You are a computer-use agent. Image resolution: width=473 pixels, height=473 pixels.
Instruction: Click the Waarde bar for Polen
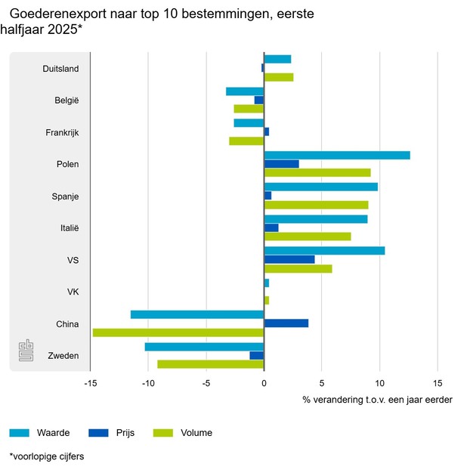337,156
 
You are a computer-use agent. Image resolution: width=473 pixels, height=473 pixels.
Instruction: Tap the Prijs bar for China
286,323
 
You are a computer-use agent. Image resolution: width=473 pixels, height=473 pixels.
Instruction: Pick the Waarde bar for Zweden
204,347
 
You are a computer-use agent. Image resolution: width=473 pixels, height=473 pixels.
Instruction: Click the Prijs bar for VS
289,259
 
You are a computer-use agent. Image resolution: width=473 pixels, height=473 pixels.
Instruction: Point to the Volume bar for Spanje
317,205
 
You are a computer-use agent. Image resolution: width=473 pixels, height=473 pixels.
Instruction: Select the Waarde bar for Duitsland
277,60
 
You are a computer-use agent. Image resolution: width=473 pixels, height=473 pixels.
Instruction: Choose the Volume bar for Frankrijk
246,141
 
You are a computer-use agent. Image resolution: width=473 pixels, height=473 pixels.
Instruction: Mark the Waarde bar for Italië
316,219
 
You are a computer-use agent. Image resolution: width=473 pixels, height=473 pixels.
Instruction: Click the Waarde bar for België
245,91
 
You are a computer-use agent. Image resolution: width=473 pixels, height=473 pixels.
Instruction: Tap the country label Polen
67,165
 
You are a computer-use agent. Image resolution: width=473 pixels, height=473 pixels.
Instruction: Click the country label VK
73,292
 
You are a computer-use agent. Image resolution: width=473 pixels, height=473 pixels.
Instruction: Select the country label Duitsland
60,69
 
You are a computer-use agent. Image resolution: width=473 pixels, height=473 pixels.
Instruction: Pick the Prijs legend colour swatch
98,433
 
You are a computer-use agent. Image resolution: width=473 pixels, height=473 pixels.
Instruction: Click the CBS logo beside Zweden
26,351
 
